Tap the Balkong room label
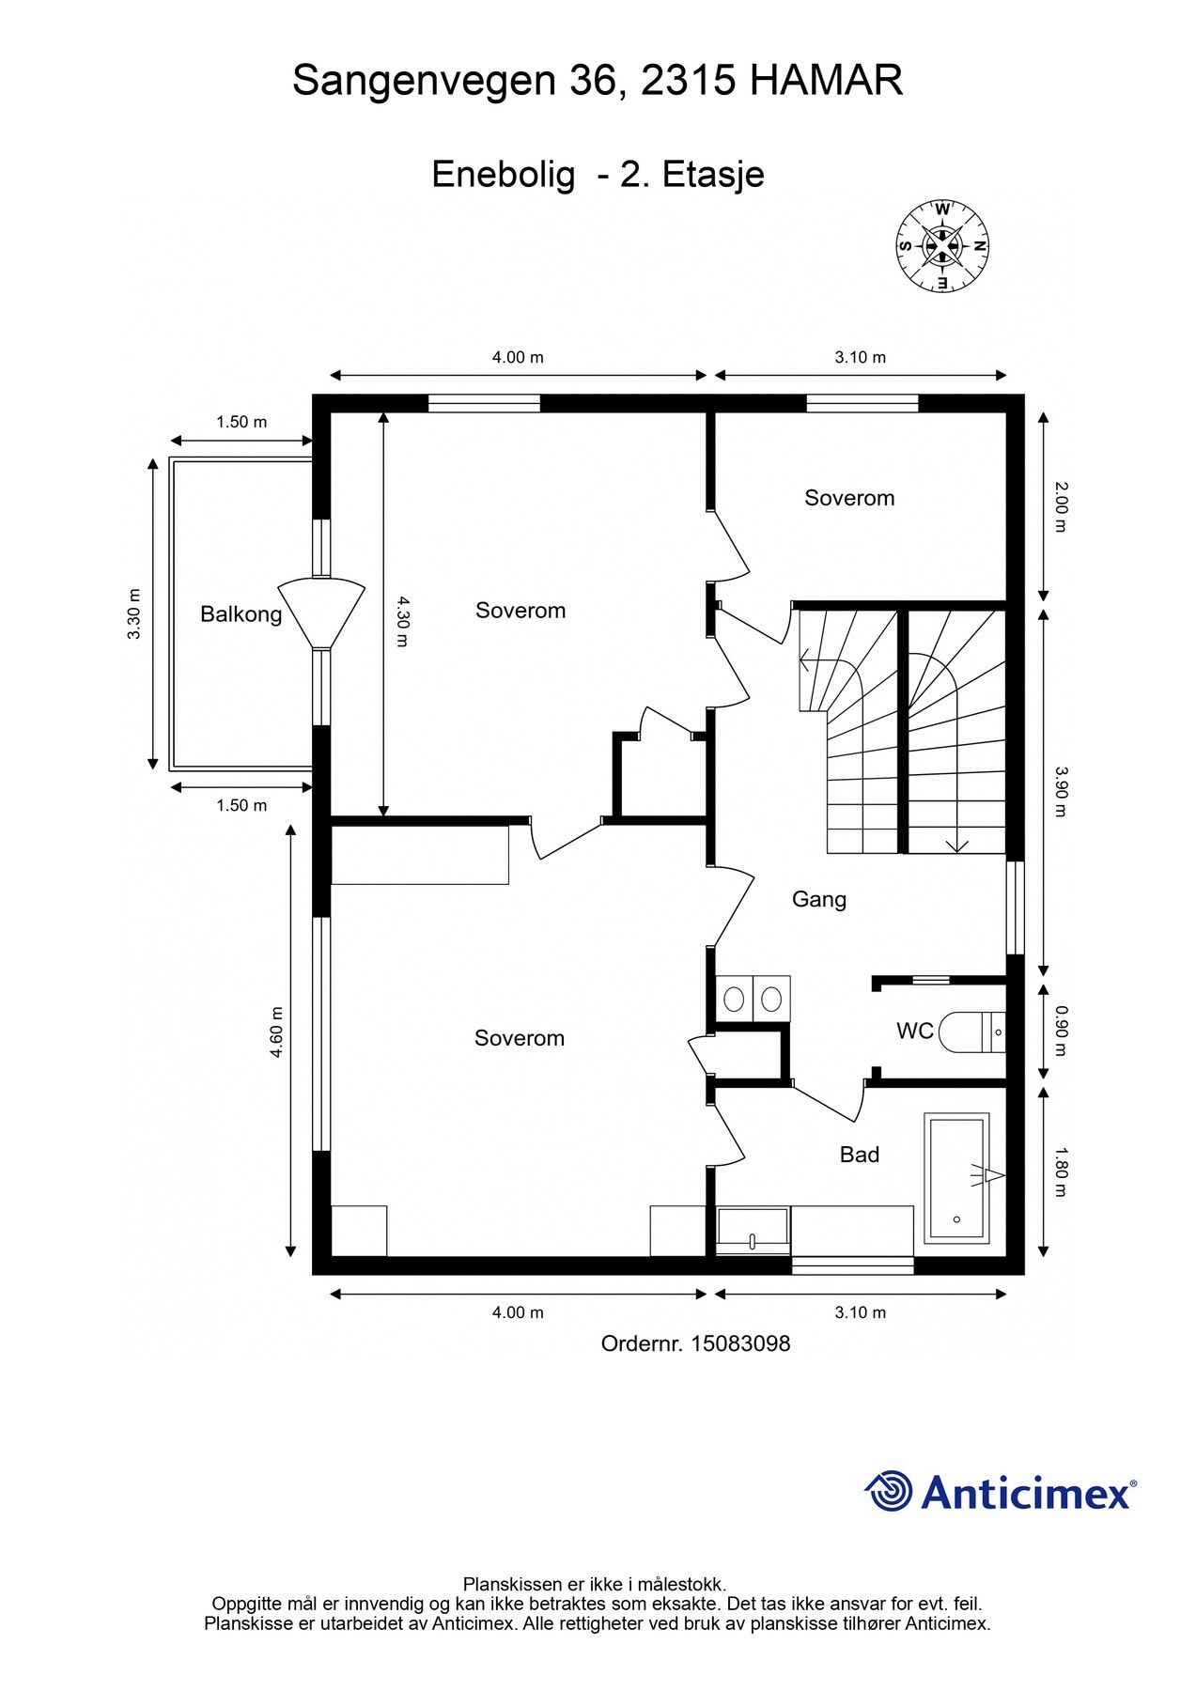click(x=241, y=614)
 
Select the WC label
click(x=915, y=1032)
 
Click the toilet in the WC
click(x=972, y=1032)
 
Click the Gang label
click(x=819, y=900)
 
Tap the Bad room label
click(x=860, y=1155)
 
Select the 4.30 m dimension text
click(x=402, y=621)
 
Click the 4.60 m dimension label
click(x=276, y=1032)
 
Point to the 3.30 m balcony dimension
click(x=134, y=613)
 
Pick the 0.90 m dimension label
click(x=1061, y=1031)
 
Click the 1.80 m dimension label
click(x=1061, y=1171)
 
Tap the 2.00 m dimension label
click(x=1061, y=506)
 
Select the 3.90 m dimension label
click(x=1061, y=792)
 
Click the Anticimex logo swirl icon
click(x=889, y=1491)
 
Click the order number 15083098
click(x=740, y=1344)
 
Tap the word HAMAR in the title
click(x=827, y=81)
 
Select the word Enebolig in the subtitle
click(x=504, y=175)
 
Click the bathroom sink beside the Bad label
click(x=753, y=1231)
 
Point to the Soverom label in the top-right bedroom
click(x=849, y=498)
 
